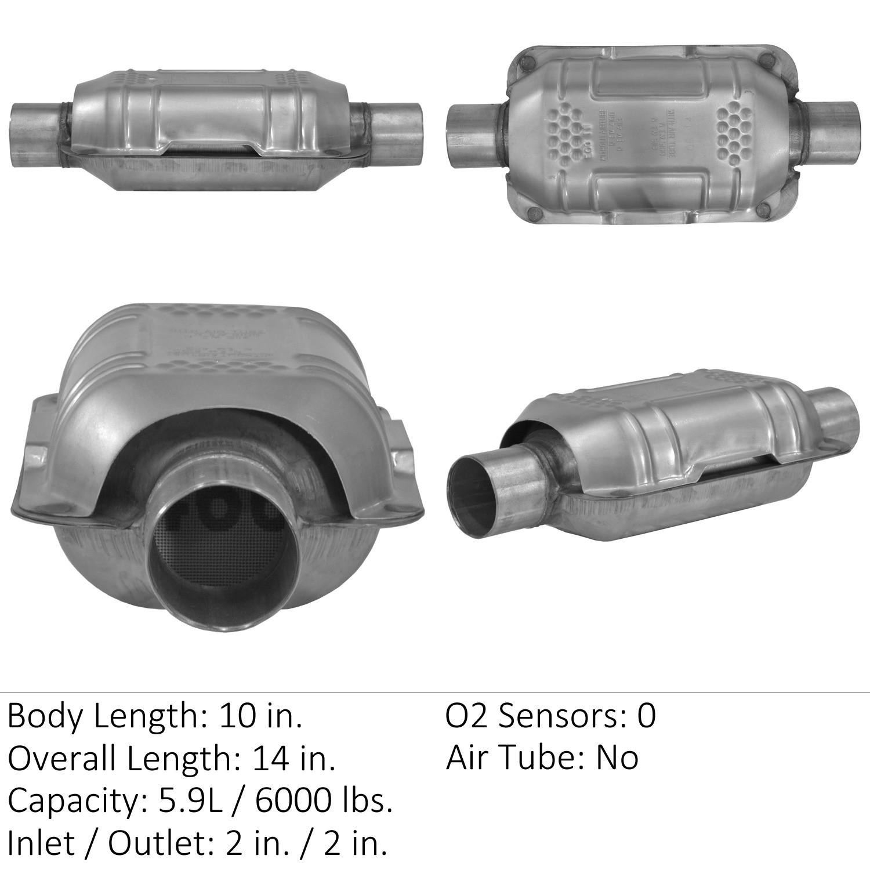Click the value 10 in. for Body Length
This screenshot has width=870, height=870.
pos(260,717)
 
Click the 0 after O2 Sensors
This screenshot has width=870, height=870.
pos(646,716)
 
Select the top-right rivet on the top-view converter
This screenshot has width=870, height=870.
pos(767,59)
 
